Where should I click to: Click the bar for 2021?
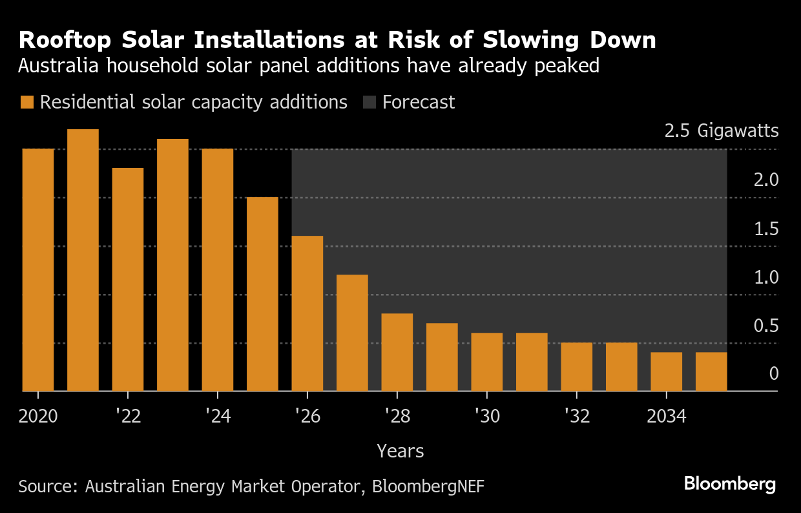click(x=83, y=260)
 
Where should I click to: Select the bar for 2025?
click(x=262, y=294)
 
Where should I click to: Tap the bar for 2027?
click(x=352, y=333)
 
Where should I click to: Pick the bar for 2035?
click(x=711, y=372)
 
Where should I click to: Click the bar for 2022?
click(x=128, y=279)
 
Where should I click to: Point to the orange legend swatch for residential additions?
click(x=26, y=103)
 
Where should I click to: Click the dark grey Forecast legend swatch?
click(x=369, y=103)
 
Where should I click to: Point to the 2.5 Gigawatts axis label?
click(x=722, y=131)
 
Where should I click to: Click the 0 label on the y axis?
click(x=774, y=374)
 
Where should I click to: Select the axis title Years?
click(x=400, y=451)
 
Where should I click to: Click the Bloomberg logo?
click(x=729, y=484)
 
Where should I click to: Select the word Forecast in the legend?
click(x=419, y=103)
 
